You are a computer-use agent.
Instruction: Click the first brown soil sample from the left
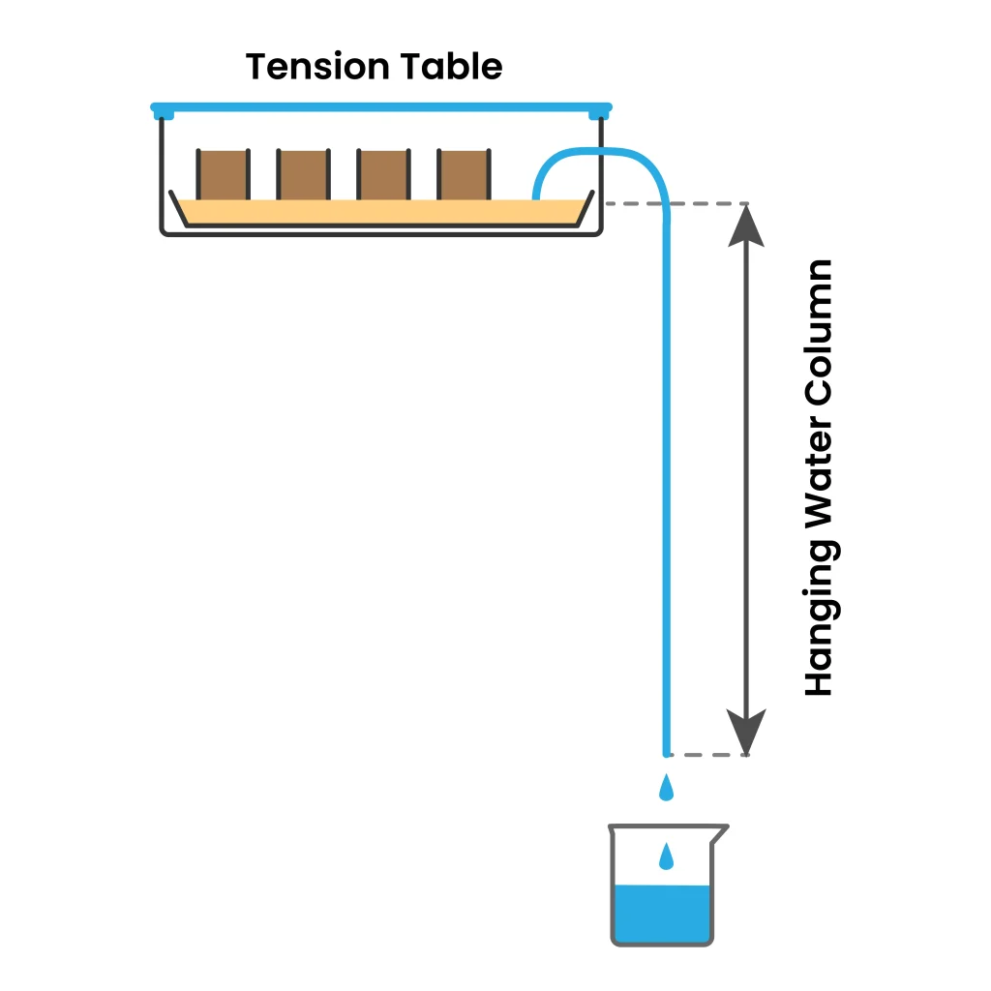tap(223, 175)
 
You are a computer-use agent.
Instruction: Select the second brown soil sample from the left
tap(303, 175)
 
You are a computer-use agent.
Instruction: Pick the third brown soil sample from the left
tap(383, 175)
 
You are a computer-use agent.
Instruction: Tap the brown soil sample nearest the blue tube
tap(464, 175)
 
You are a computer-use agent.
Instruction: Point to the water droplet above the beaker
tap(666, 789)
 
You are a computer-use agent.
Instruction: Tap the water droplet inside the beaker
tap(666, 856)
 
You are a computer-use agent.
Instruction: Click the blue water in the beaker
tap(663, 915)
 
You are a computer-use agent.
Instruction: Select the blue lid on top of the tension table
tap(381, 105)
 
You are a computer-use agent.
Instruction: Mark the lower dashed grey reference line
tap(711, 754)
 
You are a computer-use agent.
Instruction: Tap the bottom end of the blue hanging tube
tap(666, 749)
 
